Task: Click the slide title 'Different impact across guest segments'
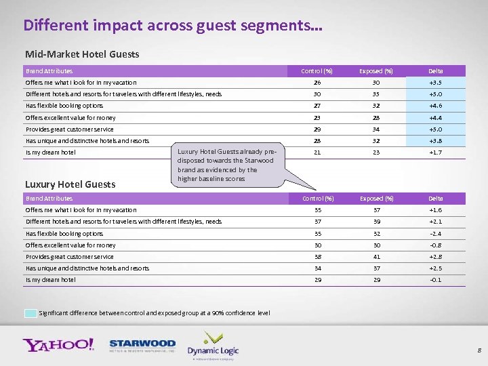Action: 173,26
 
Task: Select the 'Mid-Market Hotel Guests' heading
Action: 82,54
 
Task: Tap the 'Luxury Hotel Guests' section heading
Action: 70,184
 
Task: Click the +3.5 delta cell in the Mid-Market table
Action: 435,83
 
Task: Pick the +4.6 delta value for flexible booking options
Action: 435,106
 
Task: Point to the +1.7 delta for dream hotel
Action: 435,152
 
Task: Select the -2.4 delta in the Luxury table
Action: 435,233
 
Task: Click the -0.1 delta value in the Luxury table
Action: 435,280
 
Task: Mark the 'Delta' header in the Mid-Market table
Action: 435,70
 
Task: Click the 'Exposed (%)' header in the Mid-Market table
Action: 376,70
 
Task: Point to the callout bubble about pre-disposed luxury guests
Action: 226,165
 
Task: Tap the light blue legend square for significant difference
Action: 30,313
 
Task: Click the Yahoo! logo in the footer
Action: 58,344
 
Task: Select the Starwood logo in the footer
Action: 142,346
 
